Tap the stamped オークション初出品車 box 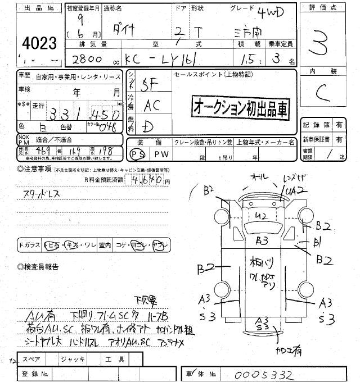240,107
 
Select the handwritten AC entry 151,104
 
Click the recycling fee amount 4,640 149,180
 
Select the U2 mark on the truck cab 260,216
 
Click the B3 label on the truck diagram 262,242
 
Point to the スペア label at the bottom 33,358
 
